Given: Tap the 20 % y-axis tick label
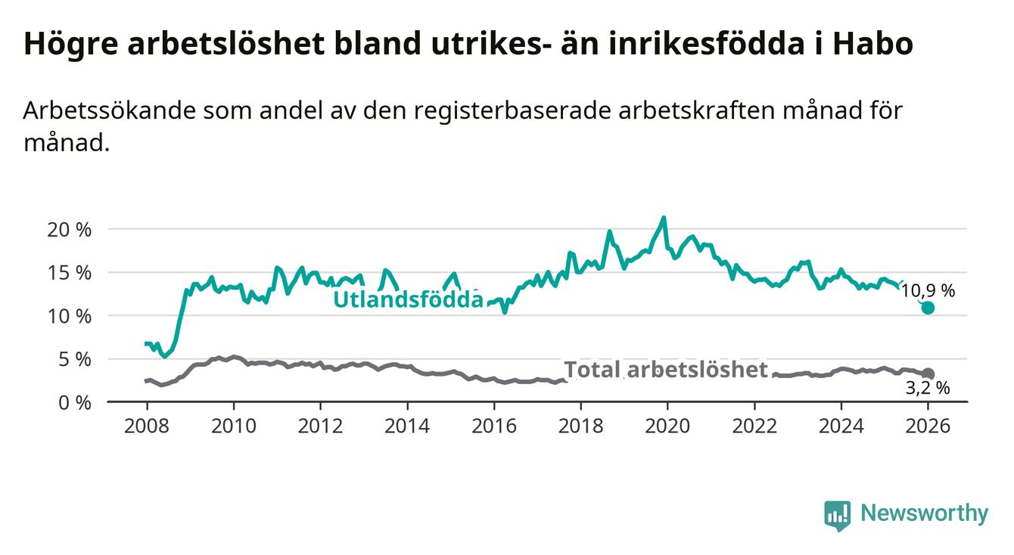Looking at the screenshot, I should (69, 229).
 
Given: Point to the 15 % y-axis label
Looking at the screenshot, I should (69, 272).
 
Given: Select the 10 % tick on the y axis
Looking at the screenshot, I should (69, 315).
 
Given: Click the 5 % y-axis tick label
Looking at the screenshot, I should (74, 359).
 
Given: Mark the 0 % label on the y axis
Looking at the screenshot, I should (74, 402).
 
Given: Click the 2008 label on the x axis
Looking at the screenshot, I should (146, 426).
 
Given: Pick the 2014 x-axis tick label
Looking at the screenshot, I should (407, 426).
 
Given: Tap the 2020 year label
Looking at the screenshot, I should (667, 426).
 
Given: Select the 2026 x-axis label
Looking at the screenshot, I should (928, 426).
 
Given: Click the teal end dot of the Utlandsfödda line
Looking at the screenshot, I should (928, 308).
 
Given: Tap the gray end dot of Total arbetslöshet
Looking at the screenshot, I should (928, 374).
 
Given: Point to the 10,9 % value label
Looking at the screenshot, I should (928, 290).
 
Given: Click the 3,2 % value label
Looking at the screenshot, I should (927, 389).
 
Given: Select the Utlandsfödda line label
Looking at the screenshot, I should (408, 299).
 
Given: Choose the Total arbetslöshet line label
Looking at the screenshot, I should (666, 370).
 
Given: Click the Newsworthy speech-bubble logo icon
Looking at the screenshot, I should (837, 515).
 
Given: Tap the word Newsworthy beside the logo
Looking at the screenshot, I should (924, 514).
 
